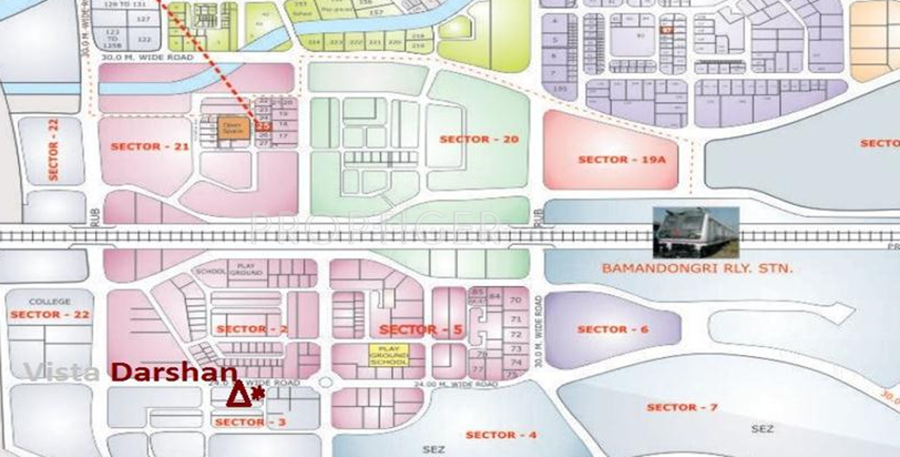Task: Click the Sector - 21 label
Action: [x=150, y=146]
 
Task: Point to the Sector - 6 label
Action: [x=612, y=329]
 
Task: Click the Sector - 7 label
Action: [x=682, y=407]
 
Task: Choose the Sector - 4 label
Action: [x=501, y=435]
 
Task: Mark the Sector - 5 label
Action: [x=421, y=330]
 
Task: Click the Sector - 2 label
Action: [x=253, y=329]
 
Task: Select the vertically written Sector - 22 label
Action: [x=53, y=149]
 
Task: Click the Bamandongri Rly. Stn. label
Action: [x=697, y=268]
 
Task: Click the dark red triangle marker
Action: [x=238, y=395]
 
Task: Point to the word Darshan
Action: [x=174, y=372]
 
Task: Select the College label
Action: [x=49, y=302]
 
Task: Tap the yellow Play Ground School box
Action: [x=389, y=355]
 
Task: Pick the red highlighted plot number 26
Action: [x=264, y=126]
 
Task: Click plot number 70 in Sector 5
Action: [x=516, y=300]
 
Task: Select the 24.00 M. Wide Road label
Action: [x=456, y=385]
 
